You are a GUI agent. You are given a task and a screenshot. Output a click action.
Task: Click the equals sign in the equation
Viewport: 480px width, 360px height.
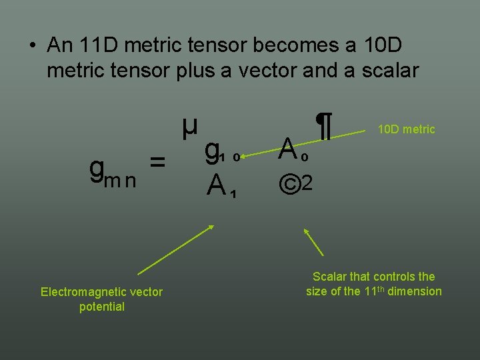point(157,162)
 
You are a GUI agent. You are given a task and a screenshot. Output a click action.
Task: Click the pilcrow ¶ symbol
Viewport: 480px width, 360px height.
point(324,127)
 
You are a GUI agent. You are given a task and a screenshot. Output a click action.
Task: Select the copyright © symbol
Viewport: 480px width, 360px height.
point(289,184)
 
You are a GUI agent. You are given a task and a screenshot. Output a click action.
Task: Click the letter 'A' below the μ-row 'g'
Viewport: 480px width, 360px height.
point(215,185)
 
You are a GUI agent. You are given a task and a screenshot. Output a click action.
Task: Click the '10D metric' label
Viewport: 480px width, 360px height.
point(406,129)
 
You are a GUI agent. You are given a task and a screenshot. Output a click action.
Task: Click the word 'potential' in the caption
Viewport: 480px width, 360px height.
point(101,307)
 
